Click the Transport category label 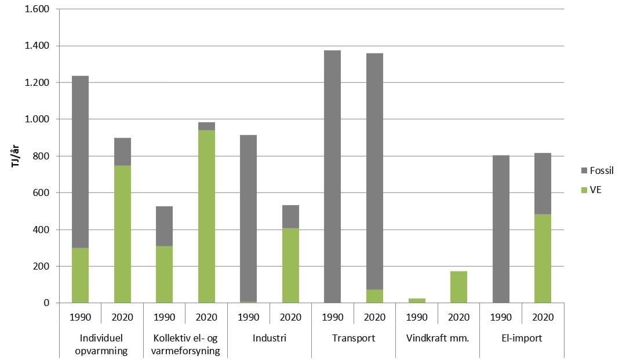pos(354,338)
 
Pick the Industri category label pos(270,338)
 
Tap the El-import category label pos(522,338)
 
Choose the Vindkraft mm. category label pos(438,338)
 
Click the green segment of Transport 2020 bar pos(374,296)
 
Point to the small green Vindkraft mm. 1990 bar pos(417,300)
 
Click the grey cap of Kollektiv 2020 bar pos(206,126)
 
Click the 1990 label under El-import pos(501,317)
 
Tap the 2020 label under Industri pos(290,317)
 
